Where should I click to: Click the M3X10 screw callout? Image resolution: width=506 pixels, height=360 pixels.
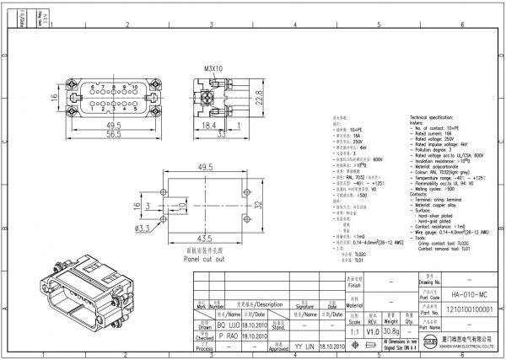(213, 68)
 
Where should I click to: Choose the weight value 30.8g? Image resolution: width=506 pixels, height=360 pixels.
(390, 332)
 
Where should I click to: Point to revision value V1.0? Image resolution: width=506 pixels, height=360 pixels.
(372, 332)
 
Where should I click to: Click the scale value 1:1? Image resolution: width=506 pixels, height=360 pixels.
(354, 332)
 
